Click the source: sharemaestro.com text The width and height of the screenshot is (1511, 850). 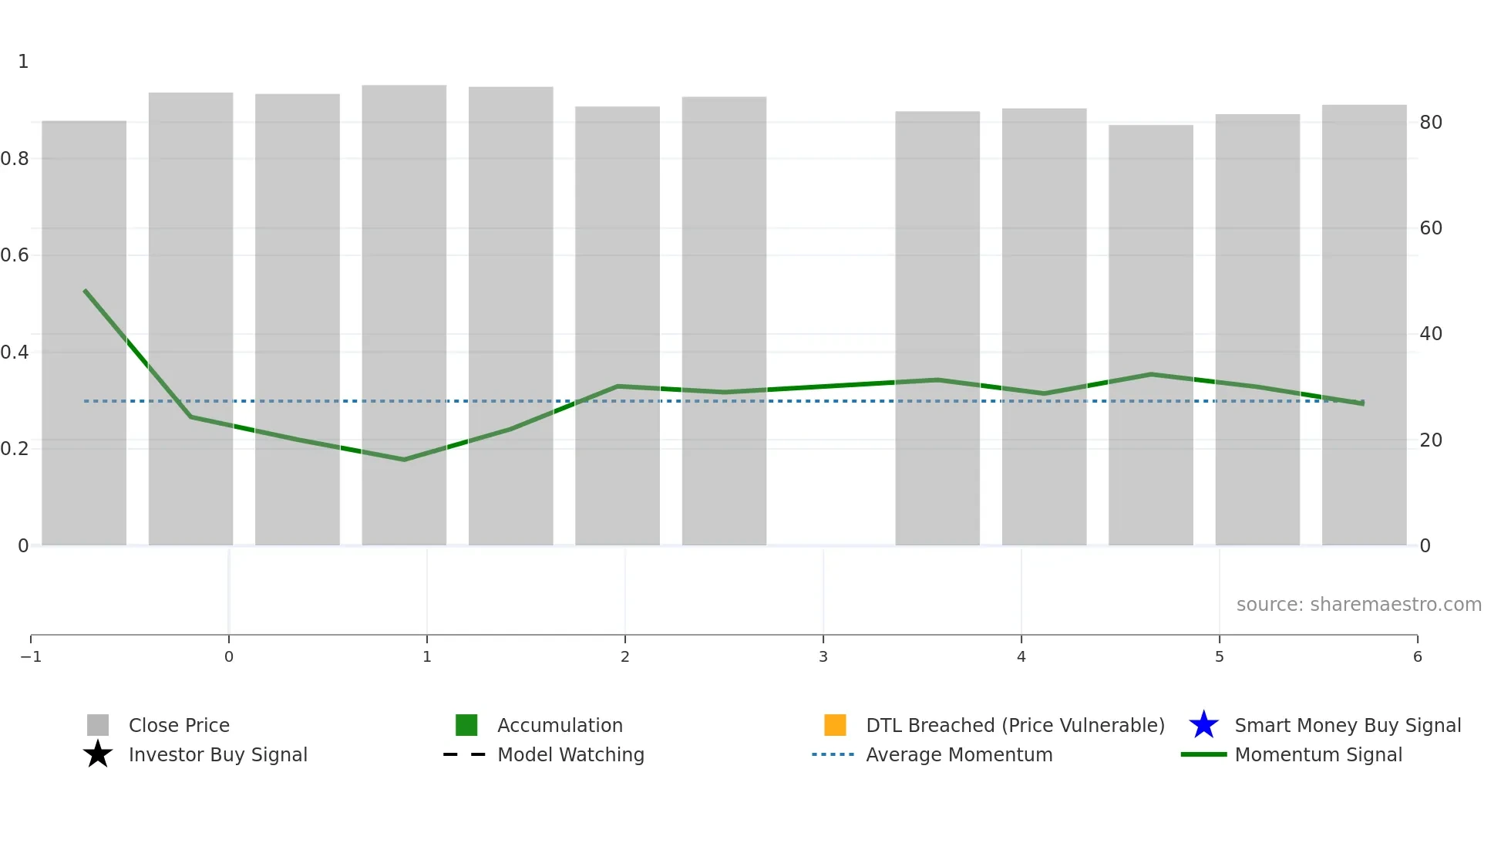pyautogui.click(x=1358, y=604)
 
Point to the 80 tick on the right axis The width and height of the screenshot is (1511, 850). pyautogui.click(x=1431, y=122)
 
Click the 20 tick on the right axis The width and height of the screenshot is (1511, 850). pyautogui.click(x=1431, y=440)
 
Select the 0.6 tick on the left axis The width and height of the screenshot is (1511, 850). pyautogui.click(x=15, y=255)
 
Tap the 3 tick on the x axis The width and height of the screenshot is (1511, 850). pyautogui.click(x=823, y=656)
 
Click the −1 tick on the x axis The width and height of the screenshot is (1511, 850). pyautogui.click(x=31, y=656)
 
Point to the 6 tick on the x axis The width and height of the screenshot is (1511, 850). pyautogui.click(x=1417, y=656)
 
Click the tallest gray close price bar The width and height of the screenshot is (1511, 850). pyautogui.click(x=404, y=309)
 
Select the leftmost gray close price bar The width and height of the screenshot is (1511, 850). pyautogui.click(x=84, y=332)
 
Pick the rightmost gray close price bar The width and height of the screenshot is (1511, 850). pyautogui.click(x=1364, y=324)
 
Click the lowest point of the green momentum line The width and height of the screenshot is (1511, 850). pyautogui.click(x=404, y=460)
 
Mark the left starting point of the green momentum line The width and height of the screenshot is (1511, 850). pyautogui.click(x=85, y=291)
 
